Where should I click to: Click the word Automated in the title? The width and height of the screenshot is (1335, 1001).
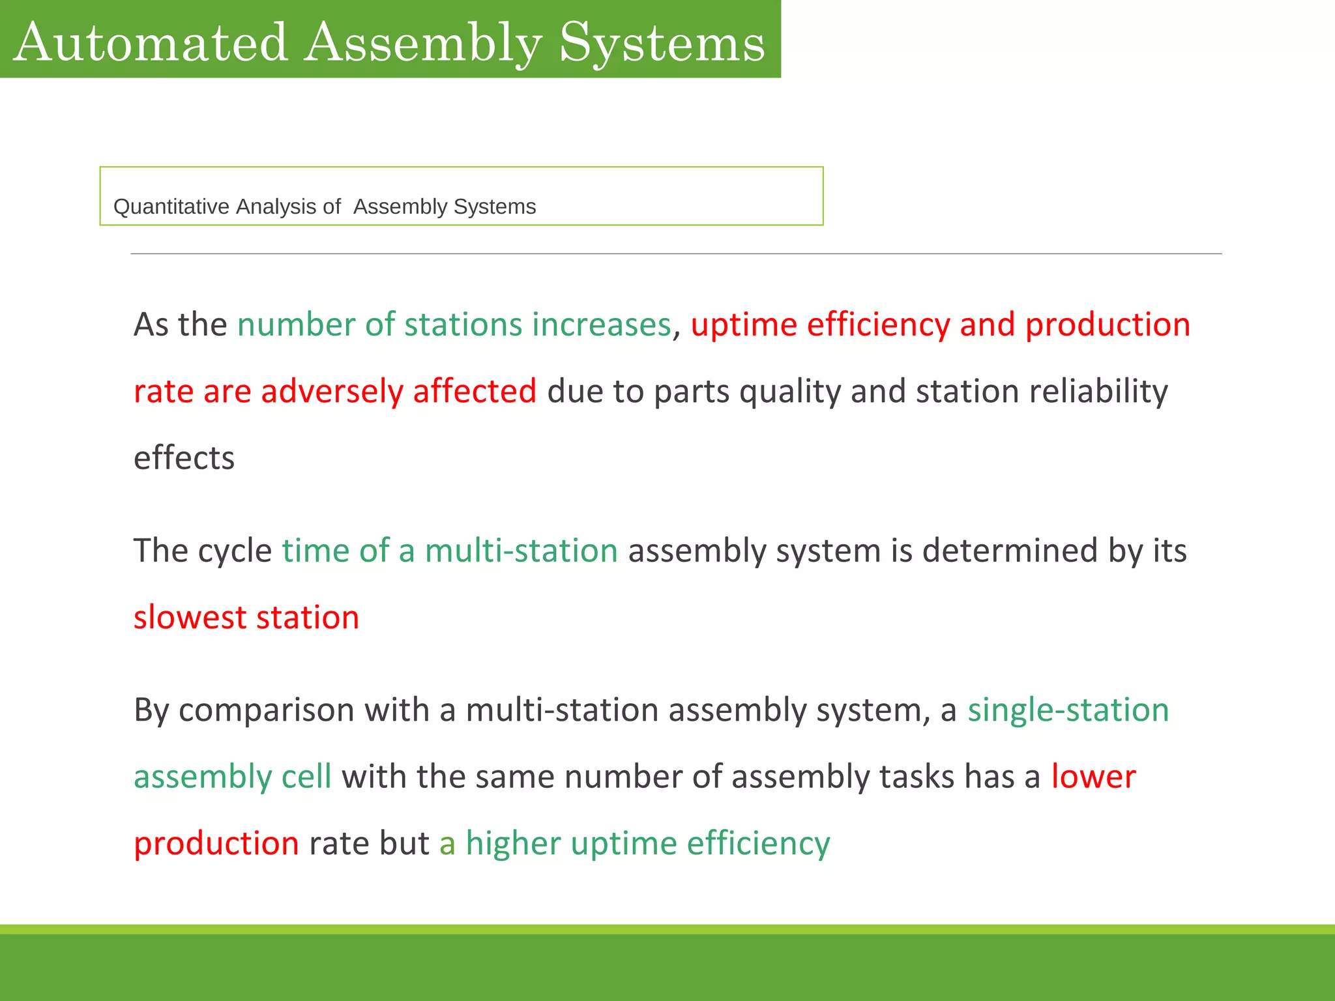click(x=151, y=42)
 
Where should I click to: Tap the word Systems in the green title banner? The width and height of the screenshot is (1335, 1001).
click(x=662, y=42)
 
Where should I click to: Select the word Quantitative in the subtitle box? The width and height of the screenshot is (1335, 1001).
click(x=171, y=207)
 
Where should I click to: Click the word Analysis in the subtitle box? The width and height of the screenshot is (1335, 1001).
click(x=276, y=207)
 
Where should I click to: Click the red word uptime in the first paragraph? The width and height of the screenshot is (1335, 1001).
click(x=744, y=325)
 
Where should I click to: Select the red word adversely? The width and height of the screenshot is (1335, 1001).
click(x=332, y=391)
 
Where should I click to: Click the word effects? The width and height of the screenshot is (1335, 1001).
click(x=184, y=457)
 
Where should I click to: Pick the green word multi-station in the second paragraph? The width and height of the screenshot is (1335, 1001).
click(x=521, y=551)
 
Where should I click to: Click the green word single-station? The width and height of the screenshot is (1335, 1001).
click(x=1068, y=710)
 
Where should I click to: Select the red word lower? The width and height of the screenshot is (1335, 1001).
click(x=1093, y=777)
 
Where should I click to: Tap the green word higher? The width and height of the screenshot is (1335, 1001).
click(x=513, y=843)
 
